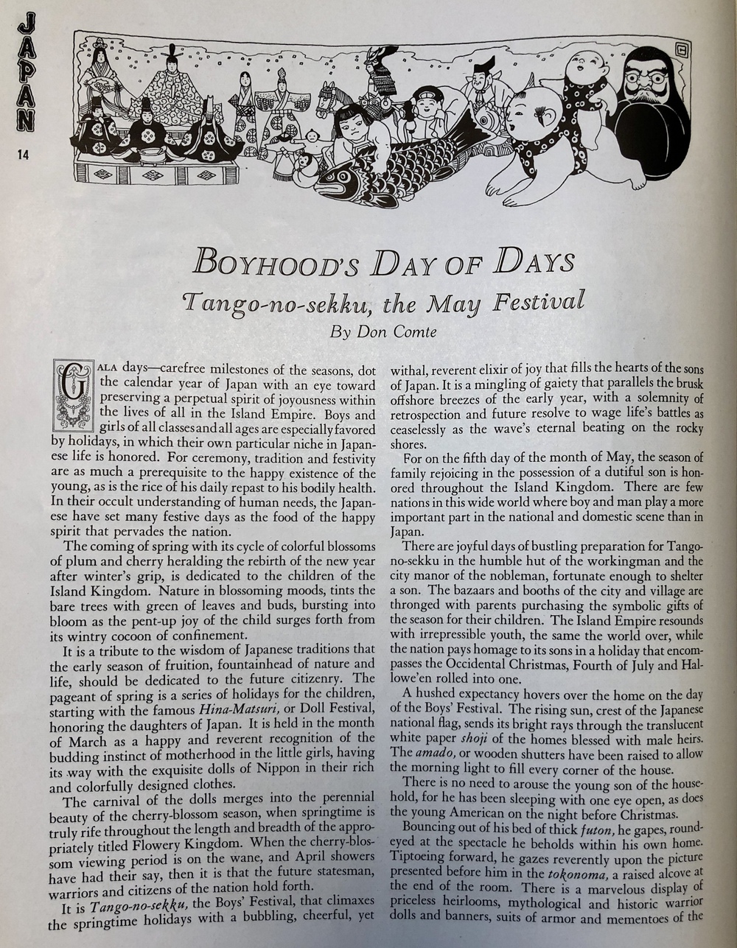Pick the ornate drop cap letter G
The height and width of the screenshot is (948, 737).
tap(73, 395)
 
